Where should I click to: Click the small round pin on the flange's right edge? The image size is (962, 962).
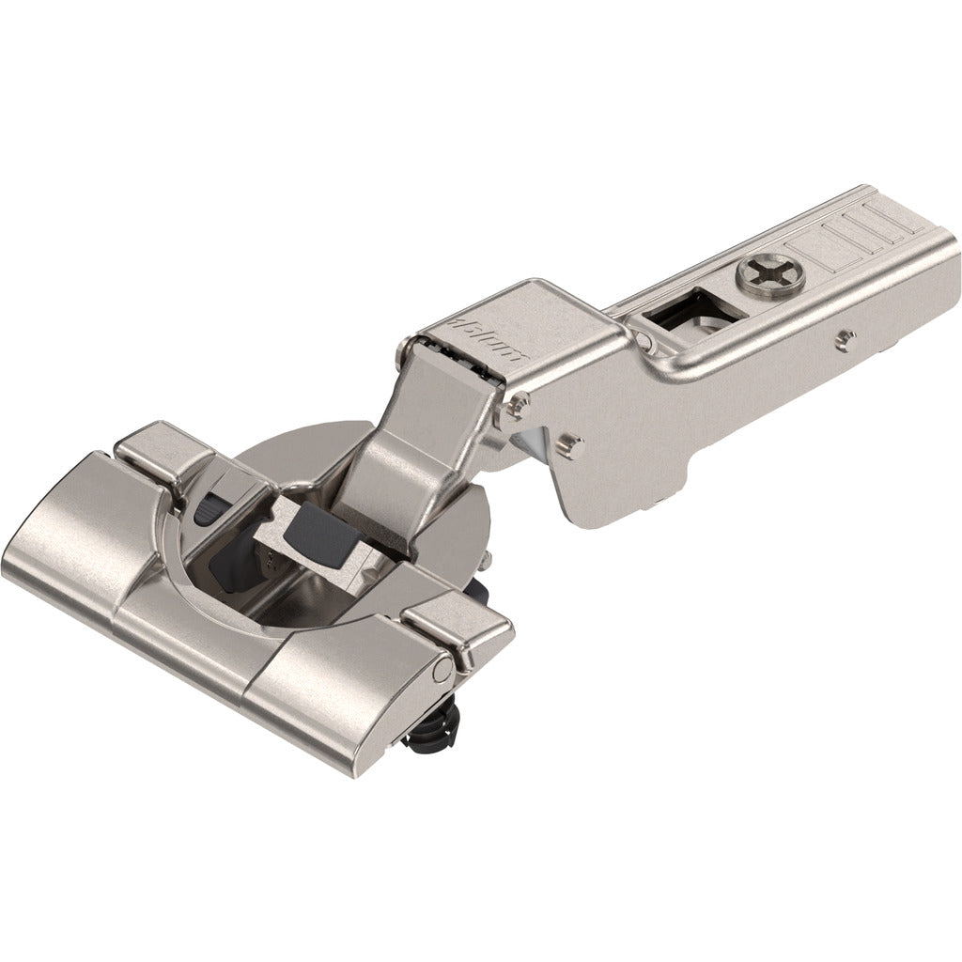tap(442, 671)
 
